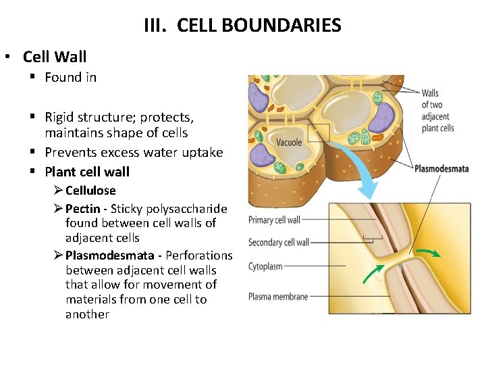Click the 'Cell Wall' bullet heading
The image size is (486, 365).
pos(55,57)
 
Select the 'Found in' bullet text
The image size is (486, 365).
pos(70,77)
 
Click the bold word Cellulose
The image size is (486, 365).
pos(90,191)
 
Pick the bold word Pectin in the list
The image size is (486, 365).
pos(84,209)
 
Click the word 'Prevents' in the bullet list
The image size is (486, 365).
pos(70,152)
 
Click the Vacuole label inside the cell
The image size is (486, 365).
pos(289,143)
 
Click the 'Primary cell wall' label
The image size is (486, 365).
pos(274,220)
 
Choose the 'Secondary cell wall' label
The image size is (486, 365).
pos(279,243)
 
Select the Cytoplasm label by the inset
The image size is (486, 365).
pos(265,266)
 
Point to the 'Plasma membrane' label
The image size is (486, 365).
pos(278,296)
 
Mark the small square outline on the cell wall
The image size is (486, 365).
pos(318,132)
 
